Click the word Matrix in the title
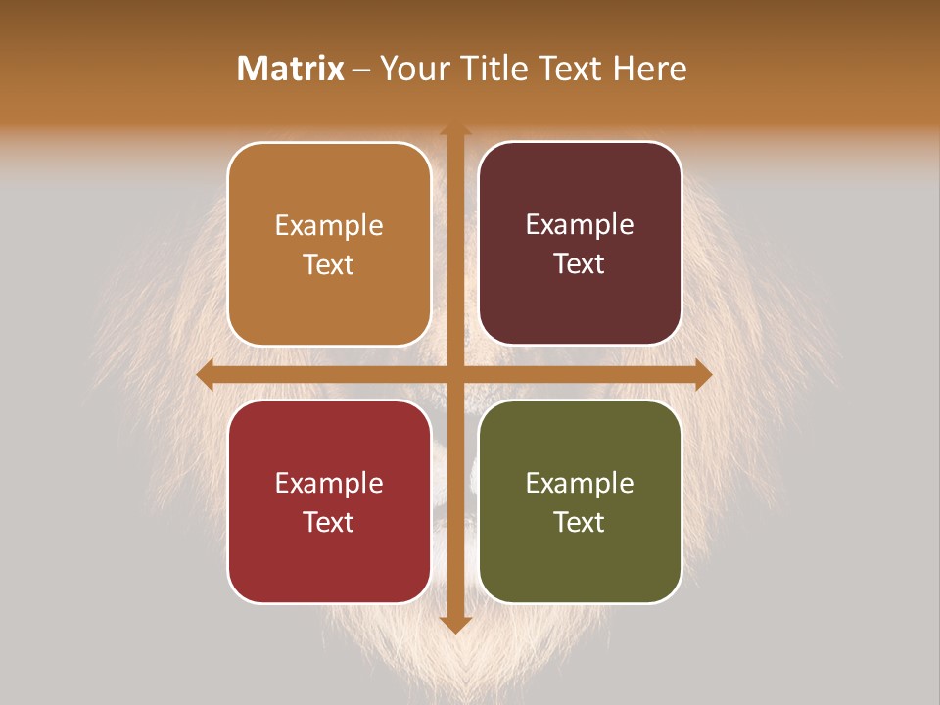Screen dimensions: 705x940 click(x=291, y=69)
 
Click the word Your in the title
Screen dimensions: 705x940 click(x=408, y=69)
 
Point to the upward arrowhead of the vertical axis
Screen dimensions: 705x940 click(x=455, y=132)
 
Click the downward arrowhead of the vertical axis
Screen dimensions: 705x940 click(x=455, y=624)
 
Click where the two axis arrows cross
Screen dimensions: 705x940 click(x=455, y=374)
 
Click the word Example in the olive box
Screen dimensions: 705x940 click(x=580, y=483)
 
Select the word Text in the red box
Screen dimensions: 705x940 click(x=329, y=522)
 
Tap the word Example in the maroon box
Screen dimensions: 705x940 click(x=580, y=224)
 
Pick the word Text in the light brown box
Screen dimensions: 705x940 click(x=329, y=264)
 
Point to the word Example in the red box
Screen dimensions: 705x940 click(x=329, y=483)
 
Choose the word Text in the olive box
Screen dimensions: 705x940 click(x=580, y=522)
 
